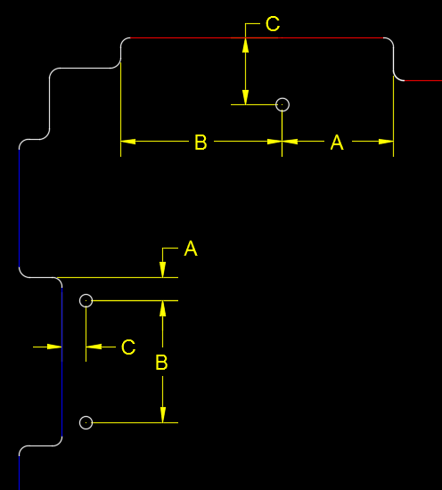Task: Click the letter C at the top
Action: tap(273, 24)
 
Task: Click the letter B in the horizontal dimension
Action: tap(201, 143)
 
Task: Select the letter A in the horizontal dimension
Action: tap(337, 143)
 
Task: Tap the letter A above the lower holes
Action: tap(191, 249)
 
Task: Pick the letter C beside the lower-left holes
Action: tap(128, 347)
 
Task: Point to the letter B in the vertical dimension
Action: tap(161, 363)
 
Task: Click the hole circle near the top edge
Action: tap(282, 98)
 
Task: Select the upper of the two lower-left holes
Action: tap(86, 294)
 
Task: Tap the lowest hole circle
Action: tap(86, 417)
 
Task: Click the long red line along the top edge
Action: tap(257, 37)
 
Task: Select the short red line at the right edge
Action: tap(423, 80)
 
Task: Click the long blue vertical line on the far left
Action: tap(20, 208)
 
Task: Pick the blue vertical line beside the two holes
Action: tap(61, 362)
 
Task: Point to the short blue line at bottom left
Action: tap(20, 472)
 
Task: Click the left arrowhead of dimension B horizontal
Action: tap(128, 142)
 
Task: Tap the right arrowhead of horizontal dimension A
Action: tap(386, 142)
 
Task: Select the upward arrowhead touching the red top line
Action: tap(246, 45)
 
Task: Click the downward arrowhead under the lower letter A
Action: tap(162, 270)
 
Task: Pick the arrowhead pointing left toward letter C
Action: tap(94, 347)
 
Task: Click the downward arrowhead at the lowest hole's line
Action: tap(162, 415)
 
